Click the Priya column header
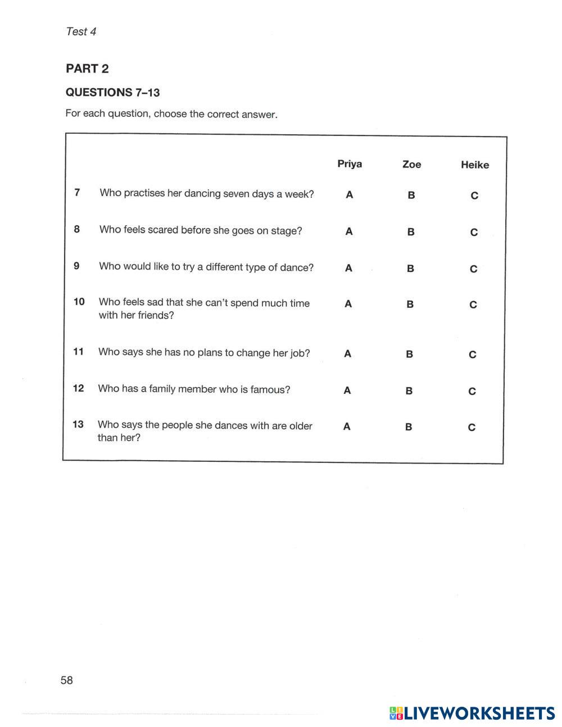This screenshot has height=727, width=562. (350, 164)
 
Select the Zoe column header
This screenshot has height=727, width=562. (411, 165)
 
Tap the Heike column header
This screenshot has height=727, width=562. (475, 165)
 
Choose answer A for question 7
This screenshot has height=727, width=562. (350, 195)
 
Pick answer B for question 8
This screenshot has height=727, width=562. (411, 231)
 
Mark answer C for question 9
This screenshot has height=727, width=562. (474, 269)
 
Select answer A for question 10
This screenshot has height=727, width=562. (348, 304)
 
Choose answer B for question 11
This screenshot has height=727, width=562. (409, 354)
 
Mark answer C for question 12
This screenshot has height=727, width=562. (472, 391)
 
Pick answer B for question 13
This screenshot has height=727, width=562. (409, 427)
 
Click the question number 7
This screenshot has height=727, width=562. (77, 193)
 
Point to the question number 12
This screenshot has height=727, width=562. (78, 388)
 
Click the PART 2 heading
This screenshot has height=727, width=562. (87, 69)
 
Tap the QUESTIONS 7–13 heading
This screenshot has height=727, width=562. (112, 92)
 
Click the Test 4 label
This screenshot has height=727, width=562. (81, 31)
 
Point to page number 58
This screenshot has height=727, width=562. (66, 680)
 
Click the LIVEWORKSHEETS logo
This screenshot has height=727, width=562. (472, 713)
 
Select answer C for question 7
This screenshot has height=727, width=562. (474, 196)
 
